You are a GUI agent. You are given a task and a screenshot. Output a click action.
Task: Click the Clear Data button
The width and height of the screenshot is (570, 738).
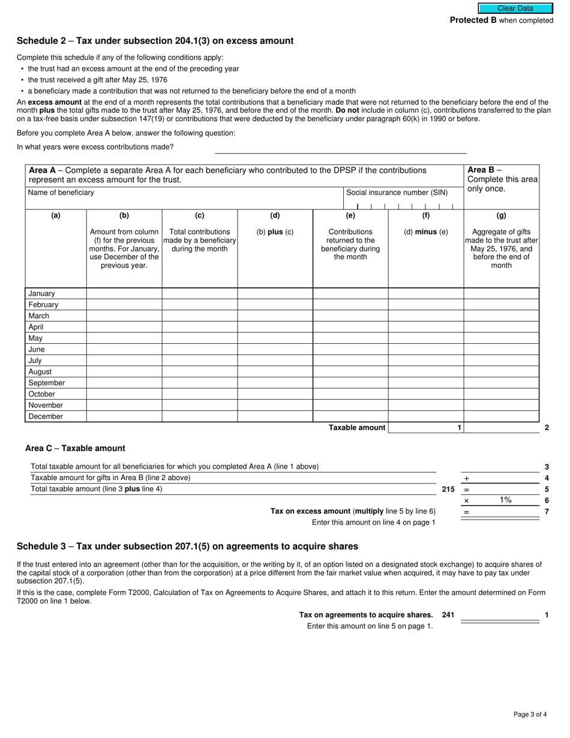[515, 8]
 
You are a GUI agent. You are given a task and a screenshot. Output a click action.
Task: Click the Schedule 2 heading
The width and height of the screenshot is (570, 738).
[155, 41]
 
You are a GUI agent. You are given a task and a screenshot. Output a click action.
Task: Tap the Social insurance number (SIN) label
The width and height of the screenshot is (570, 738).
[397, 193]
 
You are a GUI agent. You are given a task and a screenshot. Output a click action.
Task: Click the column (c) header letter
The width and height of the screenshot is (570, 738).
[199, 215]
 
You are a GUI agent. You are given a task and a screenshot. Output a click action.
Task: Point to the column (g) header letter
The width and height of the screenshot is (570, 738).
[501, 215]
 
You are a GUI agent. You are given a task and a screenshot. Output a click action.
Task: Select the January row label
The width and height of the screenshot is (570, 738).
[41, 293]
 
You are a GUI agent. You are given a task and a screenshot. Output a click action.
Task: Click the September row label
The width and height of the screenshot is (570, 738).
[46, 383]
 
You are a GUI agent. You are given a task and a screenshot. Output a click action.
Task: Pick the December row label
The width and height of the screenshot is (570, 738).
[45, 416]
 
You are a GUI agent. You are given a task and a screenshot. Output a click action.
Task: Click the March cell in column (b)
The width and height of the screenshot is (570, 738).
[124, 316]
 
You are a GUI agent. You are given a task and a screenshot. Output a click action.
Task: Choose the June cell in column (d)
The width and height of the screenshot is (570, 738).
[275, 349]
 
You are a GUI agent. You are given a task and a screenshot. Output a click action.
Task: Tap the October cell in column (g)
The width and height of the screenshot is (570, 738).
[501, 394]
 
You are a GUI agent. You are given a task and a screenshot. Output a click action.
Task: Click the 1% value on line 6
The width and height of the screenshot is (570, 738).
[505, 500]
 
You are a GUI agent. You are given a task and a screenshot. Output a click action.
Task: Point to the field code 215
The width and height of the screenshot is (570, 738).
[448, 489]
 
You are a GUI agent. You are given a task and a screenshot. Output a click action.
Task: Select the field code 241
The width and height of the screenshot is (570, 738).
[448, 615]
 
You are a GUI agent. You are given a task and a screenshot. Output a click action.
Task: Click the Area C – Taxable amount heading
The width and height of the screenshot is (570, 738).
[75, 448]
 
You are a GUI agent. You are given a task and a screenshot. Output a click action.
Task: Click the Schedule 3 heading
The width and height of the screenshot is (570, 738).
[187, 546]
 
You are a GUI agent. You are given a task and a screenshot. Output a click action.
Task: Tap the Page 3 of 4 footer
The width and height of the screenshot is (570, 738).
[530, 714]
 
